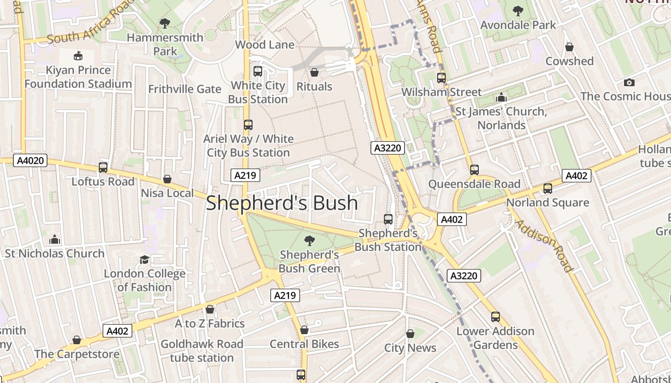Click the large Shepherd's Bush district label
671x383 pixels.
click(x=282, y=203)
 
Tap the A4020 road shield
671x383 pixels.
click(x=31, y=160)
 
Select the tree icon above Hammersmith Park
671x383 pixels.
click(x=165, y=23)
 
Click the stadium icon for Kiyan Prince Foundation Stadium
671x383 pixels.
click(x=78, y=56)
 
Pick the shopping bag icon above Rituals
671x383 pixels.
click(x=314, y=72)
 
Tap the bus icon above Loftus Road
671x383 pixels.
click(x=103, y=168)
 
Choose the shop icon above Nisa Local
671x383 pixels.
click(x=167, y=179)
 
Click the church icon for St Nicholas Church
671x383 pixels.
click(x=55, y=239)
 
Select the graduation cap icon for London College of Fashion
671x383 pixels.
click(x=144, y=259)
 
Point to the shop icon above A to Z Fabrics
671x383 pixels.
click(x=210, y=309)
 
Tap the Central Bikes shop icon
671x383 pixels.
click(x=304, y=330)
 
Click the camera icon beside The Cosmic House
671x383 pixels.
click(x=629, y=82)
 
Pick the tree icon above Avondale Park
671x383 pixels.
click(x=518, y=11)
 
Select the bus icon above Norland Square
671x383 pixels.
click(x=547, y=189)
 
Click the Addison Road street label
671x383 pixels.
click(x=544, y=246)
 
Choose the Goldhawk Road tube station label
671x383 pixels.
click(x=202, y=350)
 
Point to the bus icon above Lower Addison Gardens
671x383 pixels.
click(x=495, y=317)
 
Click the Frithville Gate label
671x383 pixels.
click(x=185, y=89)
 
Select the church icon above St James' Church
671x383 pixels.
click(x=501, y=98)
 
